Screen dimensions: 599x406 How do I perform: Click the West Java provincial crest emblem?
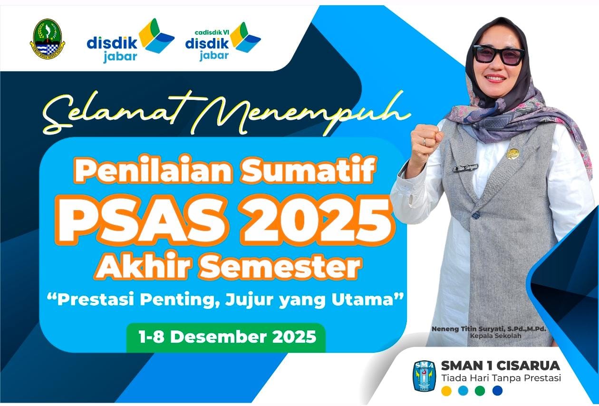click(x=48, y=39)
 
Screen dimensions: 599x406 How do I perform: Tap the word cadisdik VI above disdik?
click(x=212, y=32)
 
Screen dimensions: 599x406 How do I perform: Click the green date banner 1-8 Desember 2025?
click(x=226, y=337)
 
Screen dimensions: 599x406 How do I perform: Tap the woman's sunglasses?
click(x=498, y=55)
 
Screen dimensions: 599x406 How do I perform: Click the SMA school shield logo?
click(x=425, y=376)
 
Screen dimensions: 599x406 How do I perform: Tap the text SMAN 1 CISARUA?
click(x=500, y=366)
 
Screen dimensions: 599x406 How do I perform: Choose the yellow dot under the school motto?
click(x=446, y=390)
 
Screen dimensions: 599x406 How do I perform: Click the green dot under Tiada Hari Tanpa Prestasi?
click(x=480, y=390)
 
